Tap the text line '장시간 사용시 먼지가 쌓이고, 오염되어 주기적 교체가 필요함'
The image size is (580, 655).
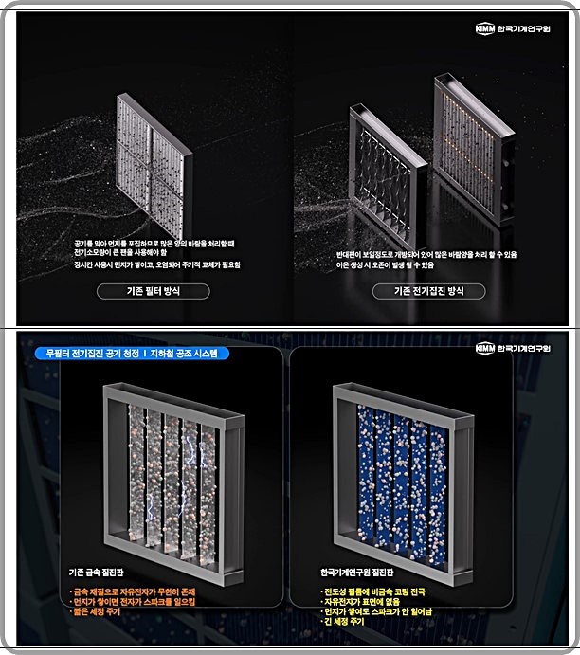click(x=156, y=265)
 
